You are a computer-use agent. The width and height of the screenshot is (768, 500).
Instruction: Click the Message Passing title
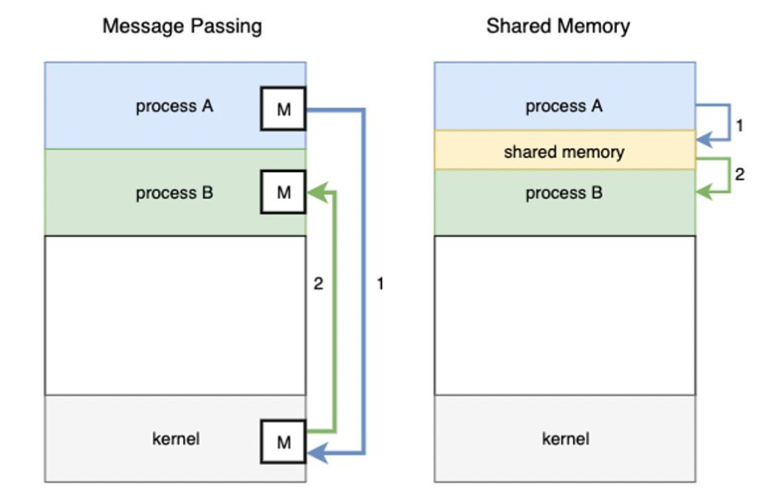pyautogui.click(x=182, y=26)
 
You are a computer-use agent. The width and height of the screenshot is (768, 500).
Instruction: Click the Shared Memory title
pyautogui.click(x=558, y=26)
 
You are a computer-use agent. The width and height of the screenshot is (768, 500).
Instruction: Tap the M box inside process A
pyautogui.click(x=283, y=109)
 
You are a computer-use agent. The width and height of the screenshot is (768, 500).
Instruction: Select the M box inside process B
pyautogui.click(x=283, y=193)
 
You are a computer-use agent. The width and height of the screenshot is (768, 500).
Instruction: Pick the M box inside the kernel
pyautogui.click(x=283, y=442)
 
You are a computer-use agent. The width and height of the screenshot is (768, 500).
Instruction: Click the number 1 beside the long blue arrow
pyautogui.click(x=380, y=284)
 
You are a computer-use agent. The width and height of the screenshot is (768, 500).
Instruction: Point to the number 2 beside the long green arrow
pyautogui.click(x=318, y=284)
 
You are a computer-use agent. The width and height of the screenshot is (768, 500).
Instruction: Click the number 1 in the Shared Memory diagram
pyautogui.click(x=738, y=127)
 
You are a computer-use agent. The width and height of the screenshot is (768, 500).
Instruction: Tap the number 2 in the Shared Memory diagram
pyautogui.click(x=738, y=174)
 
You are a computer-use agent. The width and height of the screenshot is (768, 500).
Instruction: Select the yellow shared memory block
pyautogui.click(x=564, y=150)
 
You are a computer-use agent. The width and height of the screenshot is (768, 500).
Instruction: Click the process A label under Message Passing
pyautogui.click(x=175, y=106)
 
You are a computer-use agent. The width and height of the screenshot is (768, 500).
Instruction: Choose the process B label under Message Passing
pyautogui.click(x=175, y=193)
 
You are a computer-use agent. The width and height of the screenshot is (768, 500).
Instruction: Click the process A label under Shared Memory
pyautogui.click(x=564, y=106)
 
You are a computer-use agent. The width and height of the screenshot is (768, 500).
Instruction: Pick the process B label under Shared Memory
pyautogui.click(x=564, y=193)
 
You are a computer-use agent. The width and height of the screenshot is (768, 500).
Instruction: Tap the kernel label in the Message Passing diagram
pyautogui.click(x=176, y=439)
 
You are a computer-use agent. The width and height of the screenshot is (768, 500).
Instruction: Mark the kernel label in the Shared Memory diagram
pyautogui.click(x=566, y=439)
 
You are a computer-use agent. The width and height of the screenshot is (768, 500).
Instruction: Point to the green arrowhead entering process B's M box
pyautogui.click(x=313, y=193)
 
